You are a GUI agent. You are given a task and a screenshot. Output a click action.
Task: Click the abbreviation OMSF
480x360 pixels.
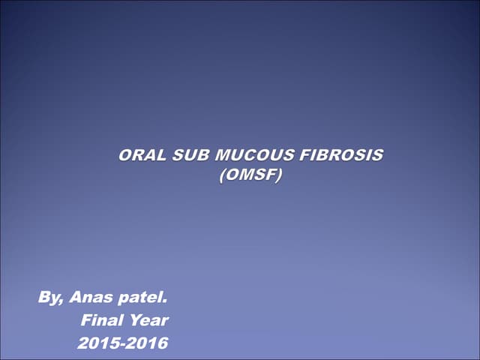(251, 176)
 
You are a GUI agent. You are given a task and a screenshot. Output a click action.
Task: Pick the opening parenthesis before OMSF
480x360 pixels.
(221, 176)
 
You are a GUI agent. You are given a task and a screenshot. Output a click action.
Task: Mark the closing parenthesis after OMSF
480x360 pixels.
(281, 176)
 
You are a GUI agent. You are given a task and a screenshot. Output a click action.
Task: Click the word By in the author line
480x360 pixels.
(49, 297)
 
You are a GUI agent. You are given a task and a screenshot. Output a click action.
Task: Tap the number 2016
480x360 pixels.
(148, 344)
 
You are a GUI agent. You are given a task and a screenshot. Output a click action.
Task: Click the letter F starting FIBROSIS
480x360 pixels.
(304, 156)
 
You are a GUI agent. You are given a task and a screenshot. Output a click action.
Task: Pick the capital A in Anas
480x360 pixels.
(76, 297)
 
